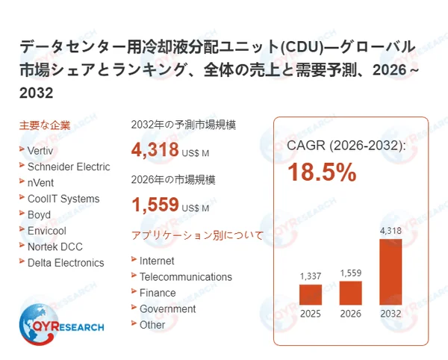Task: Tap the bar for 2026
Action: tap(350, 292)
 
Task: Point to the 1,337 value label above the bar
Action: tap(311, 276)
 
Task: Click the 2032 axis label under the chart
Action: tap(391, 313)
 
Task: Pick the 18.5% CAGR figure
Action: tap(323, 173)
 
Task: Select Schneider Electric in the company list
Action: tap(68, 167)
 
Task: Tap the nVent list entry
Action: tap(40, 182)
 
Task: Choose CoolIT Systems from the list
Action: tap(63, 199)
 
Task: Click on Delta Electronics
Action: tap(65, 263)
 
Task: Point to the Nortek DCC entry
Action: tap(55, 246)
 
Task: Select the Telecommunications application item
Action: tap(185, 276)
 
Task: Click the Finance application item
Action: tap(158, 293)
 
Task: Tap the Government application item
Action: tap(167, 308)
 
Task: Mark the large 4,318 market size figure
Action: tap(155, 150)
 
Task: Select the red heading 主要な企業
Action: tap(44, 125)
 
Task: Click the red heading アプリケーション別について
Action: tap(197, 235)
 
